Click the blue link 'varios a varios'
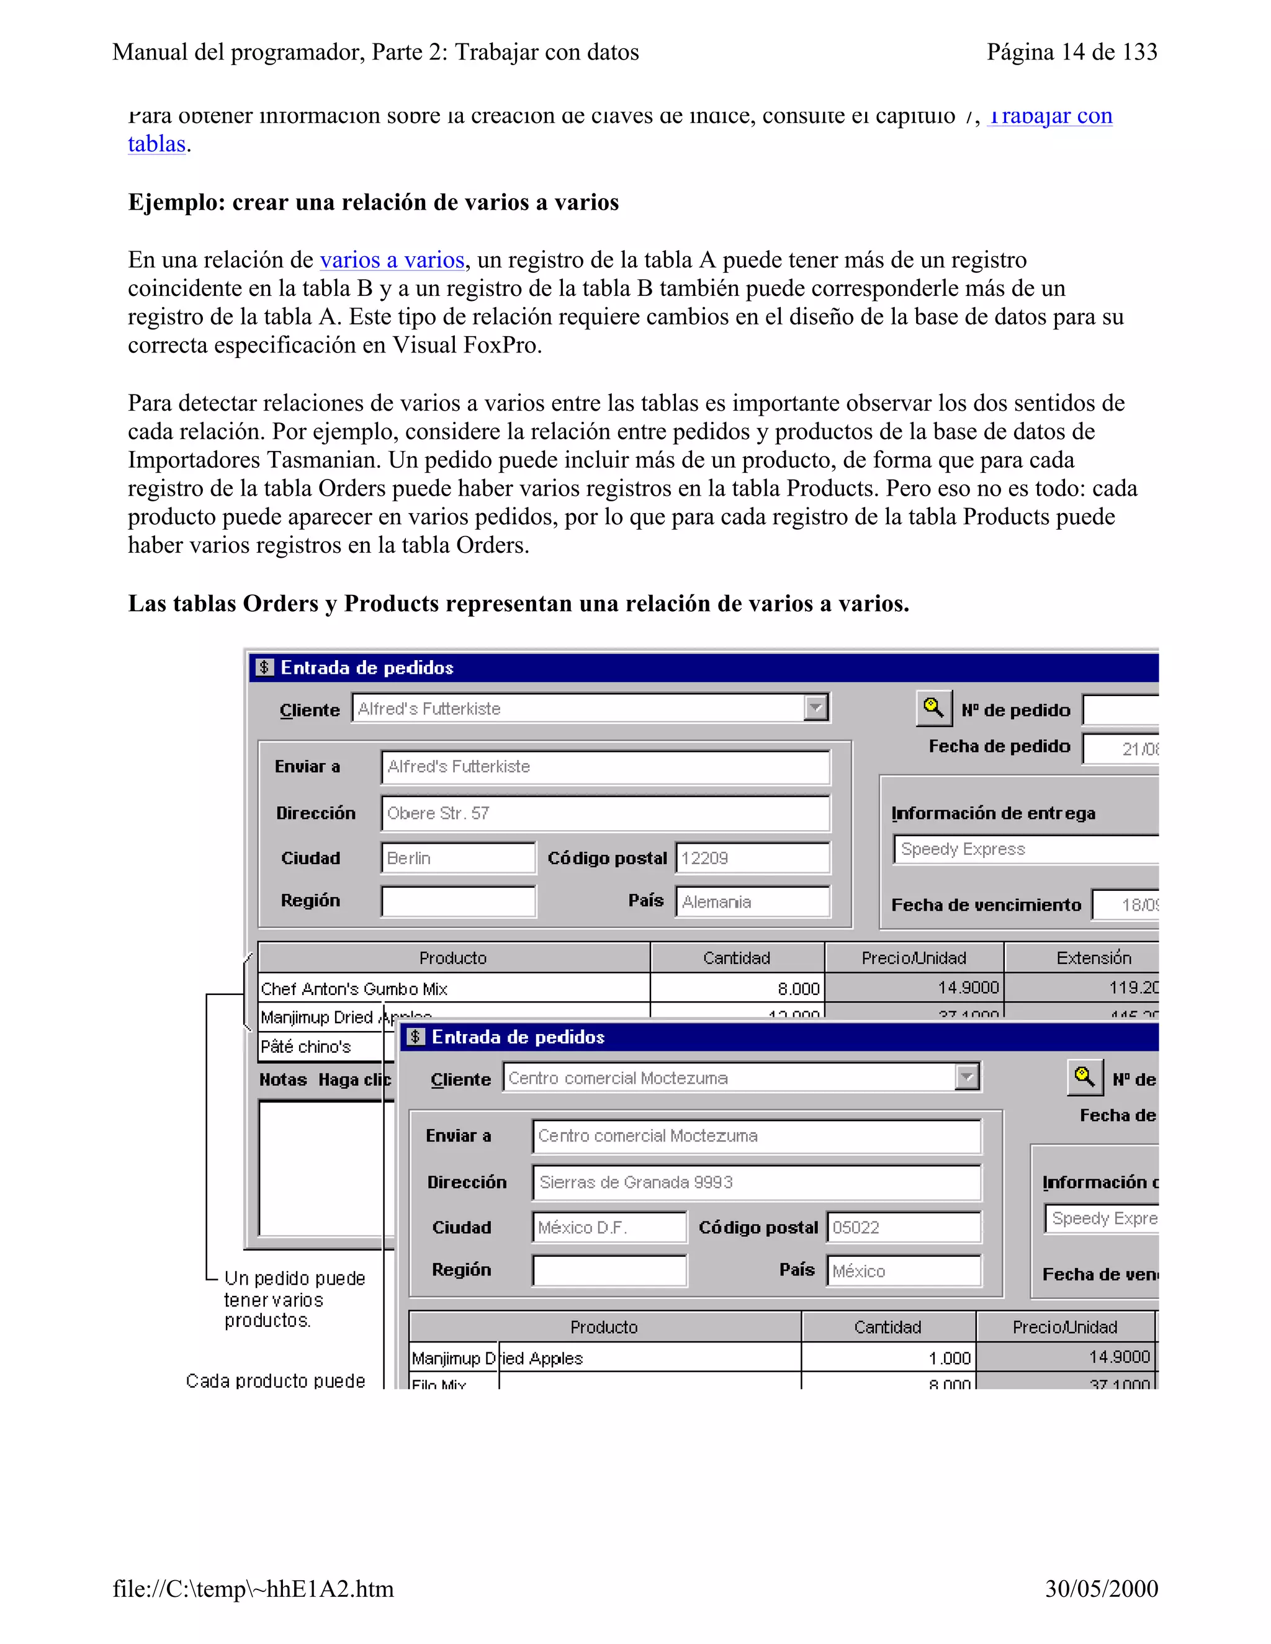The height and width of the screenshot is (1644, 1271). click(392, 261)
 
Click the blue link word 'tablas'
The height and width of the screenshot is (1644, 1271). click(156, 144)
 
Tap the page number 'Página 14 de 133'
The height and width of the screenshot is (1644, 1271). click(1071, 52)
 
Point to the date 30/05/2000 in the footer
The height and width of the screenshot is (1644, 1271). click(1101, 1588)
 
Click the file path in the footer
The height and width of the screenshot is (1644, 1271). click(253, 1589)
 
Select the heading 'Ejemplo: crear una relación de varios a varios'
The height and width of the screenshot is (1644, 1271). click(373, 202)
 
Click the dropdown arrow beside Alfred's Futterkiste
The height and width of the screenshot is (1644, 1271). click(815, 708)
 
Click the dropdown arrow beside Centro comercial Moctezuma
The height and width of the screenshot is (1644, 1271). click(967, 1077)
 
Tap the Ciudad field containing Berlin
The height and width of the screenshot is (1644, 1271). click(458, 858)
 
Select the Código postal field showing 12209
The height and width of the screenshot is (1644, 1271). click(752, 858)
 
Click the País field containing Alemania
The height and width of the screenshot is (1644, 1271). click(752, 902)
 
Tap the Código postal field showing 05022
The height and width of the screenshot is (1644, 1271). click(904, 1228)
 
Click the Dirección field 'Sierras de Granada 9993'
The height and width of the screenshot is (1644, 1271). click(756, 1182)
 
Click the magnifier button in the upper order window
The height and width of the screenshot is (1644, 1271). click(933, 708)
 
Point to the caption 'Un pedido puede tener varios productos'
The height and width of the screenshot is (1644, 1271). click(294, 1299)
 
